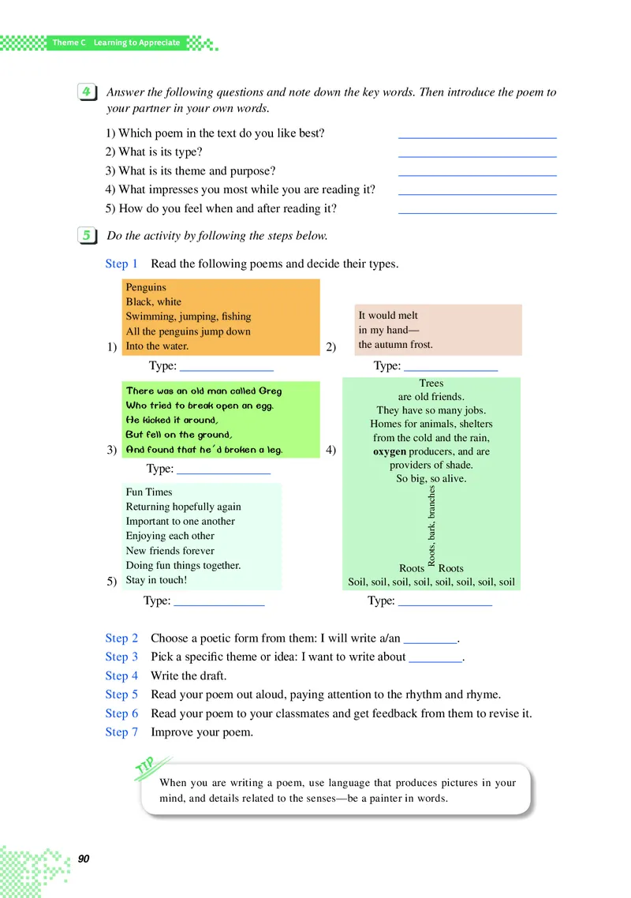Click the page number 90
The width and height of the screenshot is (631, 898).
coord(84,858)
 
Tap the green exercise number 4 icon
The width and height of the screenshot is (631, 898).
coord(86,92)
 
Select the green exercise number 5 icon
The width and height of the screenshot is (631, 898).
coord(86,235)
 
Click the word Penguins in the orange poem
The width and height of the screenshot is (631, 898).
coord(146,287)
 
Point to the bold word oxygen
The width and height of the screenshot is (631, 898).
coord(390,451)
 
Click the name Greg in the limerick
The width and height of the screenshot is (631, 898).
coord(271,391)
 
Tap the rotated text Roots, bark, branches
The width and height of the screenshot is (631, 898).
coord(431,526)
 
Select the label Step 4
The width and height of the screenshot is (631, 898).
coord(121,675)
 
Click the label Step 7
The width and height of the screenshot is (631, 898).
coord(121,732)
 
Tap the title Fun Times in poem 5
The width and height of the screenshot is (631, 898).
coord(149,492)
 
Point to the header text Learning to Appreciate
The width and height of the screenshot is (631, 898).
coord(136,43)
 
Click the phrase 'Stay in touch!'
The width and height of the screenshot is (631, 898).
coord(156,580)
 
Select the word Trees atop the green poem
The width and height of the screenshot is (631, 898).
coord(431,384)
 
